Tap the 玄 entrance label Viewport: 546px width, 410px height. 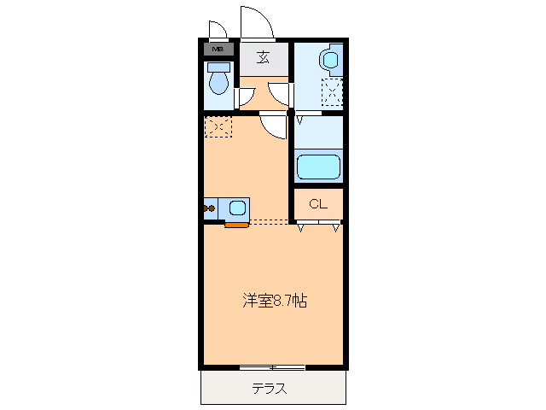264,58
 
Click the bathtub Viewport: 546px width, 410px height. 318,165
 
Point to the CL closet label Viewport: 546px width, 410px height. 318,203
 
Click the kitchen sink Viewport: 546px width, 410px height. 237,207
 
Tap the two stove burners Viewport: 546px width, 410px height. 209,207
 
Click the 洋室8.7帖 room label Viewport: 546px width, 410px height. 274,301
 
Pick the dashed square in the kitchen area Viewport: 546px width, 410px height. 218,126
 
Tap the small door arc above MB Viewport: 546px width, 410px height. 218,31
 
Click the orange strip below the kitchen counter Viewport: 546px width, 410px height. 236,225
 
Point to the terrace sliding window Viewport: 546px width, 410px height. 272,367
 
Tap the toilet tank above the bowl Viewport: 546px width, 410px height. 219,66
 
